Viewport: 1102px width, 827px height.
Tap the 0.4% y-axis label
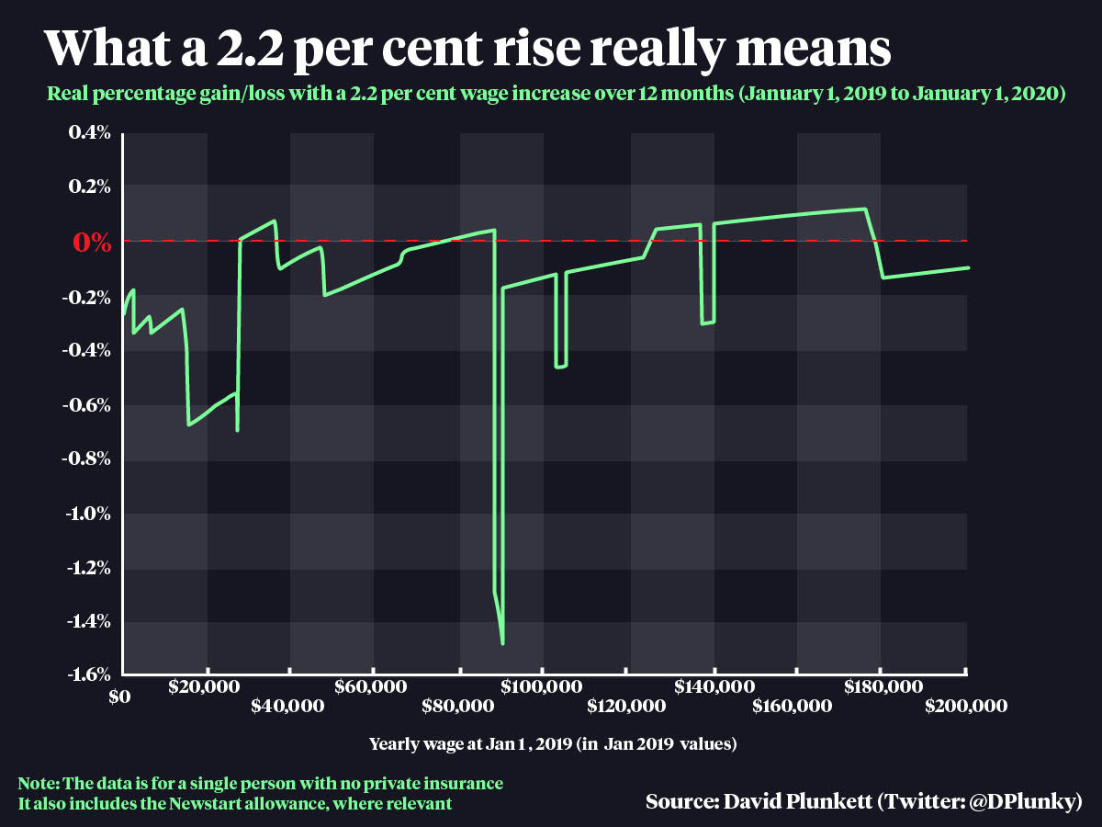click(90, 133)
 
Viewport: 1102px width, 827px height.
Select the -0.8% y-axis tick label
click(86, 459)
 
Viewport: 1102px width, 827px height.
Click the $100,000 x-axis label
click(543, 686)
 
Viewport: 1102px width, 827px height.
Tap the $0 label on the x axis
click(118, 697)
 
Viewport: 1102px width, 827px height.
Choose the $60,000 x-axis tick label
click(373, 686)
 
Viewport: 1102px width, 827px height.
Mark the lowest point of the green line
click(502, 643)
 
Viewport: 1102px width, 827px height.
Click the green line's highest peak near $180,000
click(864, 209)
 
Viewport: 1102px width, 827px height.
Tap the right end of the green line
click(969, 267)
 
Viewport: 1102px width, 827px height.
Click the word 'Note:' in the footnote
click(39, 784)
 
